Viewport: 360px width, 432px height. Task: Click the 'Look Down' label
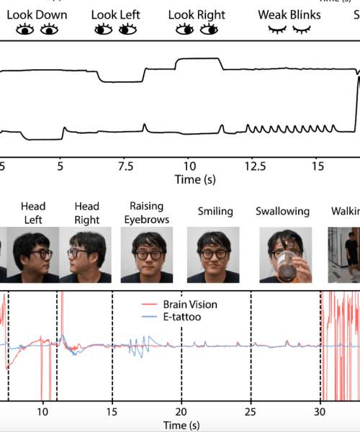[37, 14]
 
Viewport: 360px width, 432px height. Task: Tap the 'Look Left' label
[115, 14]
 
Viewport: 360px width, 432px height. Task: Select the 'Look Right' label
[197, 14]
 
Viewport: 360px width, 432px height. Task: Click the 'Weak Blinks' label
[289, 14]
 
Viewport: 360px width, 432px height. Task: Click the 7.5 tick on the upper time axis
[125, 166]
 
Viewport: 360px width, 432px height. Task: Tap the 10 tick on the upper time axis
[188, 166]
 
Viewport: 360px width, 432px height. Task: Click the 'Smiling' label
[215, 212]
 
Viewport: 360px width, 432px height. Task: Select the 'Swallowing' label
[282, 212]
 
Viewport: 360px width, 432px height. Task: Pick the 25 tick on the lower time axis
[251, 412]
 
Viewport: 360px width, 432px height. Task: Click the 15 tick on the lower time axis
[112, 412]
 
